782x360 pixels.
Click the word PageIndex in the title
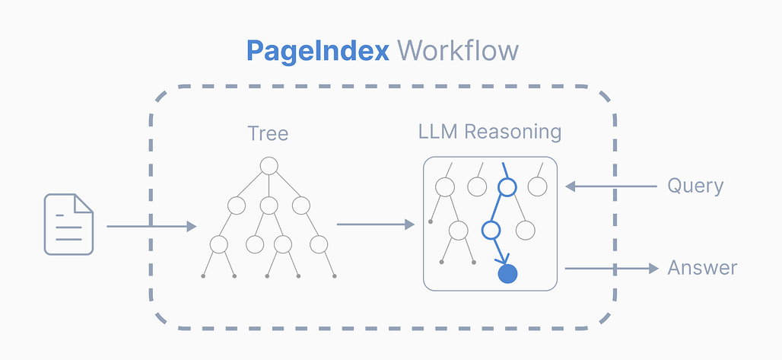(x=317, y=51)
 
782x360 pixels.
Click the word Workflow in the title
(x=458, y=51)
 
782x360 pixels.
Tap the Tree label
(x=268, y=134)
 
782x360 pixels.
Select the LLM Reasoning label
(x=490, y=132)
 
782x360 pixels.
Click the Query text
(x=695, y=186)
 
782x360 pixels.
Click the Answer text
(x=702, y=268)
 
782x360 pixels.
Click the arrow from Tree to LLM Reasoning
(x=375, y=224)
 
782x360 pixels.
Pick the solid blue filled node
(x=507, y=273)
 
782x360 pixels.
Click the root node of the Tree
(x=269, y=165)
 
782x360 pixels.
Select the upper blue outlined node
(x=507, y=186)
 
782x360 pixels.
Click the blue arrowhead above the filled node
(x=502, y=256)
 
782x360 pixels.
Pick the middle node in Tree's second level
(x=269, y=205)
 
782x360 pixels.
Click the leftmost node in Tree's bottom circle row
(x=219, y=244)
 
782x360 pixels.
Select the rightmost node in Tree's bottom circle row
(x=319, y=244)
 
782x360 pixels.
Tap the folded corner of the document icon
(x=84, y=202)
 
